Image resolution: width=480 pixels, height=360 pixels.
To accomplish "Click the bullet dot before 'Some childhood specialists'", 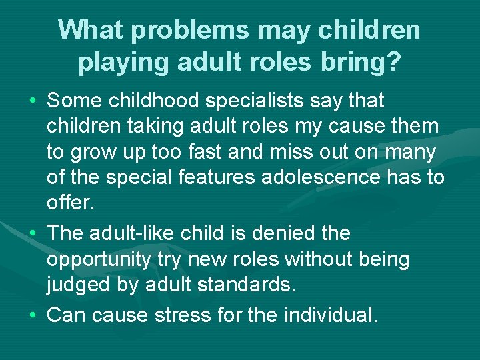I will tap(33, 101).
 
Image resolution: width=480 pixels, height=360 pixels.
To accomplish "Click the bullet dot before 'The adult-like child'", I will tap(33, 234).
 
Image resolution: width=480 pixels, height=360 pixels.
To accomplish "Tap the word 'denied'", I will tap(280, 234).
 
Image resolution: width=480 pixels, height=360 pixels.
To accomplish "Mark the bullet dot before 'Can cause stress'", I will tap(33, 314).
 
